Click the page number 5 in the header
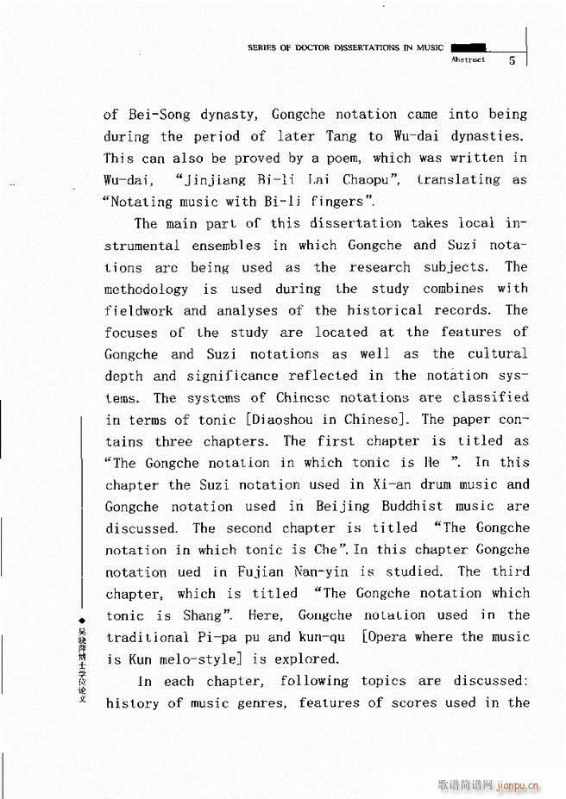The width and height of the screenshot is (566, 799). pos(512,60)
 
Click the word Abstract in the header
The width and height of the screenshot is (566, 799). pos(468,60)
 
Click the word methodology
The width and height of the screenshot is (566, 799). pos(148,289)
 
